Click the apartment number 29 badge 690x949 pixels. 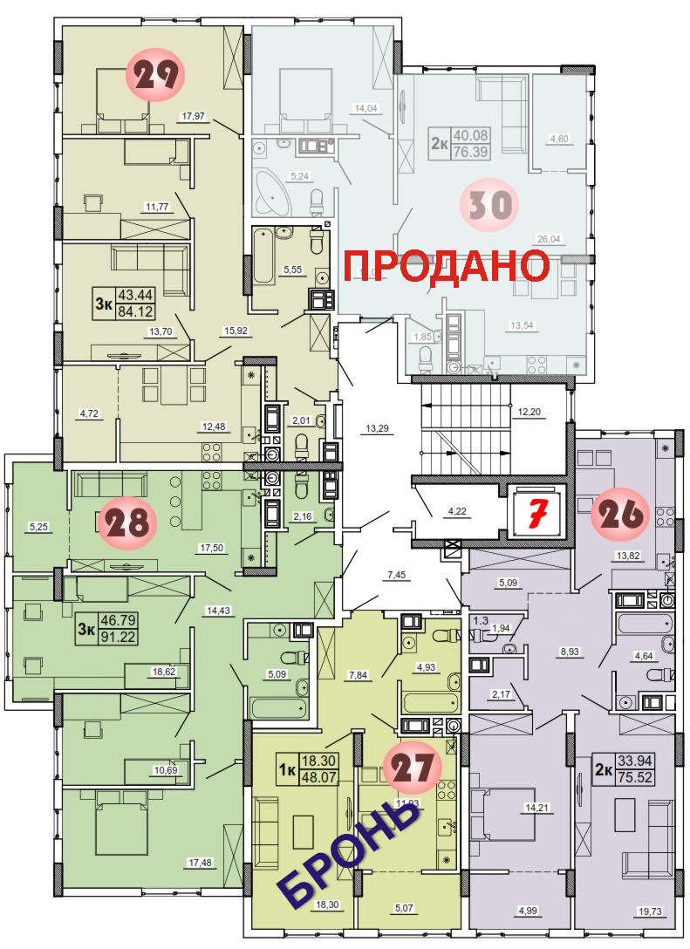point(155,74)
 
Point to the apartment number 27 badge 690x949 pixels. point(414,768)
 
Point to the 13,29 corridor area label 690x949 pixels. point(377,427)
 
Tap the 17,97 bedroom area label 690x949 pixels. point(194,116)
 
